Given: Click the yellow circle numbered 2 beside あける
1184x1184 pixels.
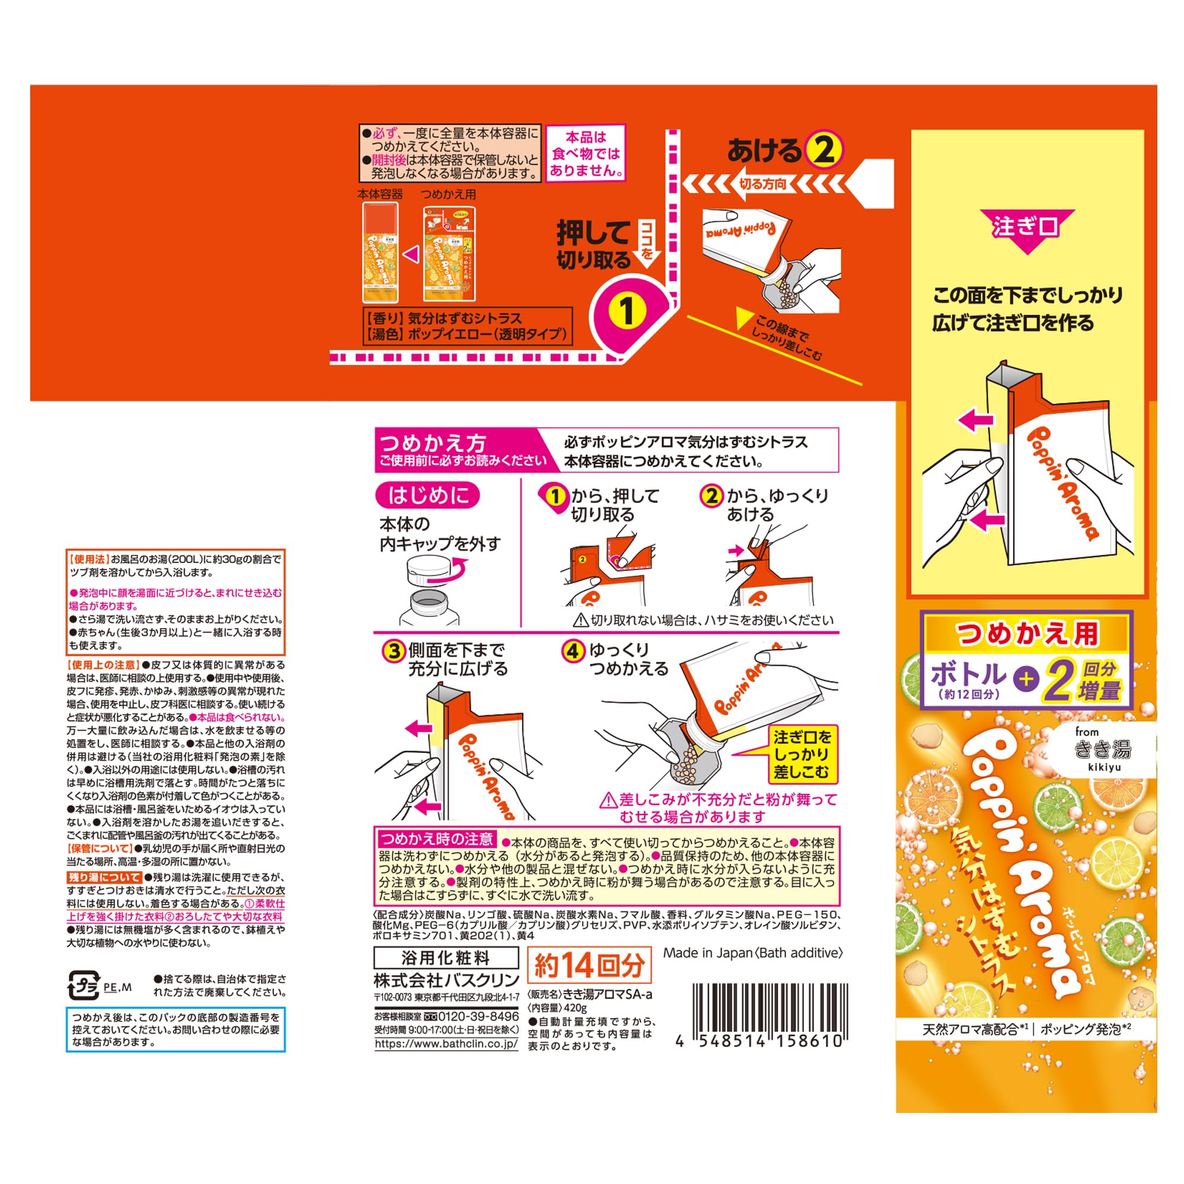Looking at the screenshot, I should pyautogui.click(x=823, y=150).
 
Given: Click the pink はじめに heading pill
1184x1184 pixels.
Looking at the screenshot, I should pyautogui.click(x=427, y=495).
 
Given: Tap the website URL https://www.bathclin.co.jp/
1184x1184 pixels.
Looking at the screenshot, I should pyautogui.click(x=446, y=1044).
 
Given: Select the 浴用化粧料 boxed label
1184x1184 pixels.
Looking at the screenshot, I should pyautogui.click(x=446, y=958).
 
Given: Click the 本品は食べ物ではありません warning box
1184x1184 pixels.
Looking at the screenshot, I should pyautogui.click(x=585, y=153).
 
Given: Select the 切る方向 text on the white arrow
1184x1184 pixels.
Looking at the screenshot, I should pyautogui.click(x=763, y=184).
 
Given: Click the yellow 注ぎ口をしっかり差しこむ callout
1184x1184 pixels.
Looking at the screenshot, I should pyautogui.click(x=801, y=754).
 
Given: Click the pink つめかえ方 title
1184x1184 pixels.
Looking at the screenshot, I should pyautogui.click(x=433, y=442).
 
